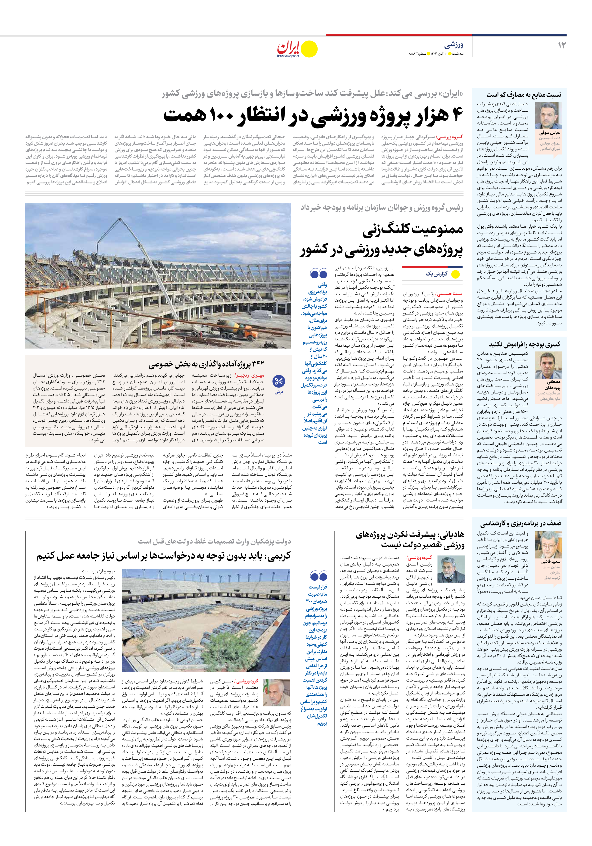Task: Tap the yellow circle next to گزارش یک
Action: pos(455,274)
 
